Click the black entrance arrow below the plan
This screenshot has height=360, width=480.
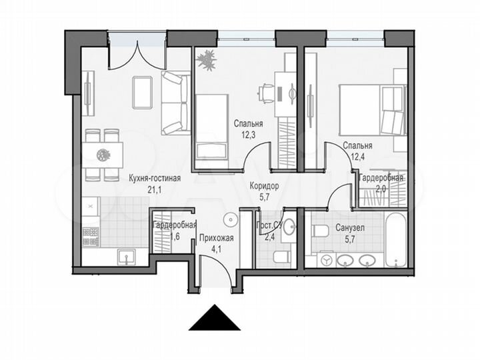point(214,319)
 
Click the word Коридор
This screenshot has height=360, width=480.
point(264,187)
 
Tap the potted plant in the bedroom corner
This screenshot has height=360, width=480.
point(207,61)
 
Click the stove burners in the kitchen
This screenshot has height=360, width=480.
point(91,235)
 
